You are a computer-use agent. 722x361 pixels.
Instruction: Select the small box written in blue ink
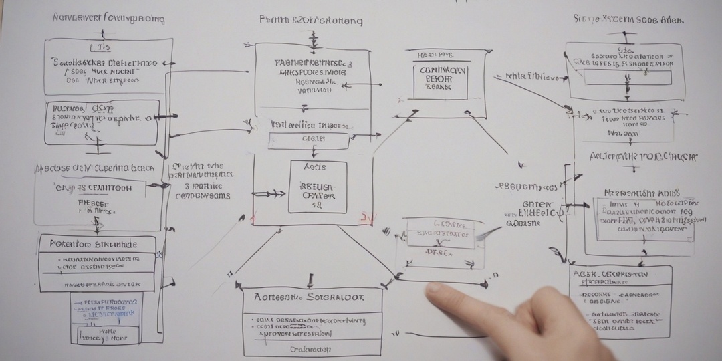coord(106,318)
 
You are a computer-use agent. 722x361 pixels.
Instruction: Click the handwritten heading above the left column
coord(108,18)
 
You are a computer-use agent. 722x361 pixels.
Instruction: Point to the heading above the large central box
coord(311,20)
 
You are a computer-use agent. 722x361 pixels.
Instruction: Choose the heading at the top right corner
coord(628,19)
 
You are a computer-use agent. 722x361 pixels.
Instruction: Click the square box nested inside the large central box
coord(318,187)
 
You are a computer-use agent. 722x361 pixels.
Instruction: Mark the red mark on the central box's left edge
coord(253,218)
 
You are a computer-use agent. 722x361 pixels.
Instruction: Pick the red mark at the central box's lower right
coord(366,218)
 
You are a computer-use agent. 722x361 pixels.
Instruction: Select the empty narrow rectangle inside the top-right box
coord(628,78)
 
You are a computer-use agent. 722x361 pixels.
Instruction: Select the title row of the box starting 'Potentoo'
coord(98,244)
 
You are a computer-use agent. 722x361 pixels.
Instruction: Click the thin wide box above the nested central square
coord(308,140)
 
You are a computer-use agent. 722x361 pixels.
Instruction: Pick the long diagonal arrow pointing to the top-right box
coord(535,93)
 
